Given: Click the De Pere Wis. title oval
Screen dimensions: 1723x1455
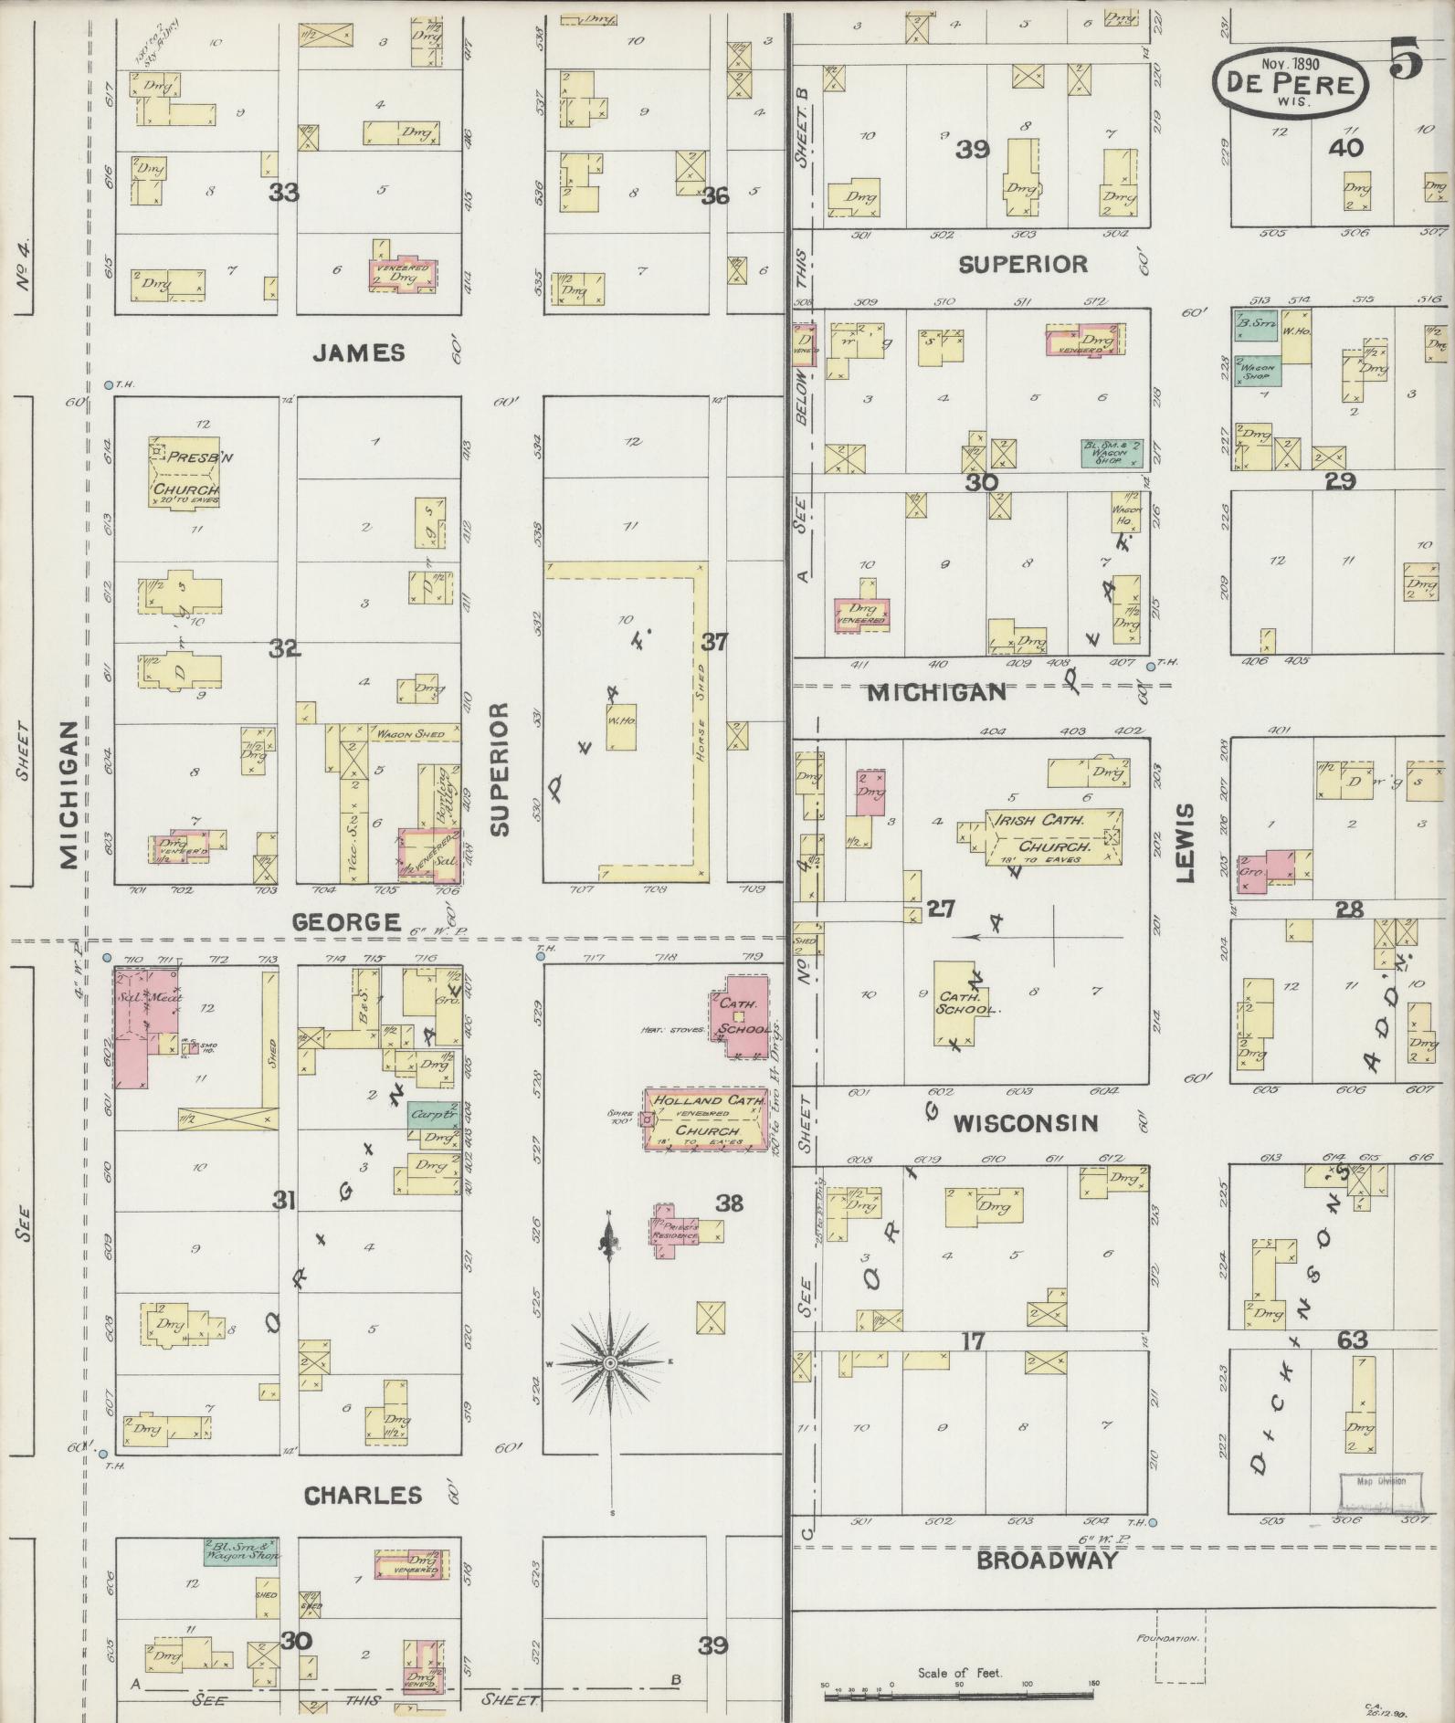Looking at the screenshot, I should [x=1291, y=82].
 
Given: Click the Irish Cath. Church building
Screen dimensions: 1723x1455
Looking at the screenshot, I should [x=1053, y=835].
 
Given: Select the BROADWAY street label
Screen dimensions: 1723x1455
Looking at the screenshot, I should [x=1047, y=1560].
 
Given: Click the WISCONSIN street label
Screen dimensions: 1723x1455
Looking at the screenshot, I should [x=1026, y=1123].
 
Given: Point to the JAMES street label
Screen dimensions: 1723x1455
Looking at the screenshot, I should [x=359, y=352].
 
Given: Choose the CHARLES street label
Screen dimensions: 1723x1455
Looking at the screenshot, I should [x=363, y=1495].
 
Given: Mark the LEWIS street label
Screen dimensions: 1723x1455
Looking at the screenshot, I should [x=1186, y=843].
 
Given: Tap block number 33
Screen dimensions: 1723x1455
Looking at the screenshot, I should [x=284, y=194].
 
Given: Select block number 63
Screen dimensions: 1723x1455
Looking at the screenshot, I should [x=1352, y=1340].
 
